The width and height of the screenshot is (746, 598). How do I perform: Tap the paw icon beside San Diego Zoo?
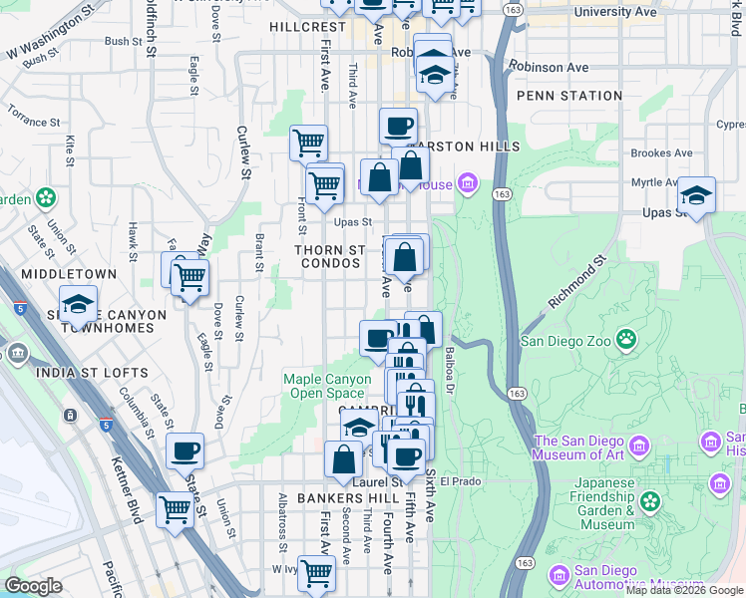click(x=626, y=339)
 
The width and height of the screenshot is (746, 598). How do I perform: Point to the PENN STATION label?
click(x=570, y=96)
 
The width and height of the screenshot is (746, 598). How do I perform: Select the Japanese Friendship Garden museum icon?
click(x=650, y=500)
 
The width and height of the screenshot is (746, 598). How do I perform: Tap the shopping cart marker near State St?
click(x=176, y=510)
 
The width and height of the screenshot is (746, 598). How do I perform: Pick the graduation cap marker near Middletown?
click(x=78, y=306)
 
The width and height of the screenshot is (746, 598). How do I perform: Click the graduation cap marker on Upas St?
click(x=696, y=194)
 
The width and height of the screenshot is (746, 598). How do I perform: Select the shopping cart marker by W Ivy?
click(x=316, y=573)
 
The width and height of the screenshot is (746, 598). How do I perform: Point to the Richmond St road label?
click(x=577, y=284)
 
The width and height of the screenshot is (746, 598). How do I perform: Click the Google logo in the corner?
click(x=33, y=586)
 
